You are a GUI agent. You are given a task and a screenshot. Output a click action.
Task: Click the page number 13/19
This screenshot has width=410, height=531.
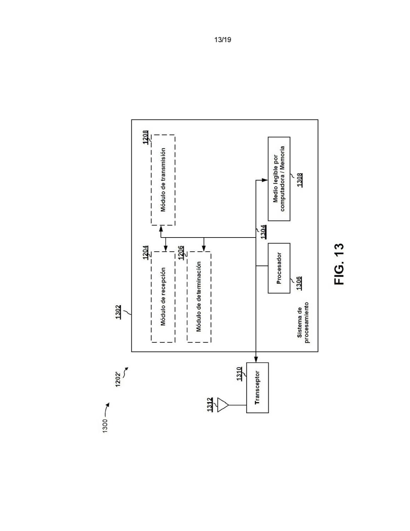pos(223,40)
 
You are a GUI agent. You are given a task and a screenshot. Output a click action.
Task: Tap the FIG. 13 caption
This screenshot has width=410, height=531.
pos(339,264)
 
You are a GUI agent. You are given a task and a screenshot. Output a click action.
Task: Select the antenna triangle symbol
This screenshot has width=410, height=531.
pos(223,405)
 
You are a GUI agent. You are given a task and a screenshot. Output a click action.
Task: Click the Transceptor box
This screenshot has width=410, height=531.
pos(258,388)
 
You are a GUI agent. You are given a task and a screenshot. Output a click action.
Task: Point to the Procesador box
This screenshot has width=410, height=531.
pos(279,268)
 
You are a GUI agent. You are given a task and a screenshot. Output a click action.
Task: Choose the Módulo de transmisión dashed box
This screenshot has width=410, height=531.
pos(163,180)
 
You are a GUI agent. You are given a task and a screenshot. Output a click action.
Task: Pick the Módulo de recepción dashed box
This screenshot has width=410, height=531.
pos(163,297)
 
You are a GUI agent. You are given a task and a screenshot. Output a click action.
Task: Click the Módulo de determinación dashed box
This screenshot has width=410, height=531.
pos(199,297)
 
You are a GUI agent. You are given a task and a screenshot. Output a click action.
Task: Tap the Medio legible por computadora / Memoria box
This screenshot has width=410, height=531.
pos(279,179)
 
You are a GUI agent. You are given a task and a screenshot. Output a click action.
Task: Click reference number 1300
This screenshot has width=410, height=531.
pos(105,426)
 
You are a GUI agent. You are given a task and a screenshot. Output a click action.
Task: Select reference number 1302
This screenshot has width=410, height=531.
pos(119,312)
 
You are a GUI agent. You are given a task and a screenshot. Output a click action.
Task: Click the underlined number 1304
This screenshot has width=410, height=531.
pos(264,232)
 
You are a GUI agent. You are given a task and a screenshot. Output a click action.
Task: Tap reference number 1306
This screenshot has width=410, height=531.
pos(299,283)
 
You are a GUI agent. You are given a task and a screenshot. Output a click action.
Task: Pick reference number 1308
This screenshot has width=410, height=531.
pos(300,180)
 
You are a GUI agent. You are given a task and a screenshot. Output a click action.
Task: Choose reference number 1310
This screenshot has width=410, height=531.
pos(239,374)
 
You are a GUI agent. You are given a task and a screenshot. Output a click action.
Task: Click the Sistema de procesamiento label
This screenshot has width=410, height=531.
pos(303,322)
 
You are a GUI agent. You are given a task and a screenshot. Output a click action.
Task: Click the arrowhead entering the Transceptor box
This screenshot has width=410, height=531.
pos(256,359)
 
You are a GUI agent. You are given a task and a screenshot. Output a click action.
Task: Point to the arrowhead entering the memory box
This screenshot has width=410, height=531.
pos(265,180)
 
